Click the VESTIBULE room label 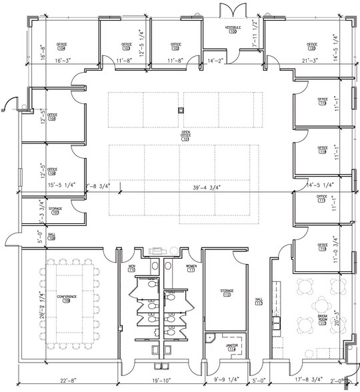[x=232, y=28]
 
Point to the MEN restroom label [x=131, y=267]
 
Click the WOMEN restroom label [x=189, y=267]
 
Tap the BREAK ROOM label [x=321, y=317]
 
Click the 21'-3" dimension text [x=310, y=61]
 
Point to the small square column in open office [x=180, y=109]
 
